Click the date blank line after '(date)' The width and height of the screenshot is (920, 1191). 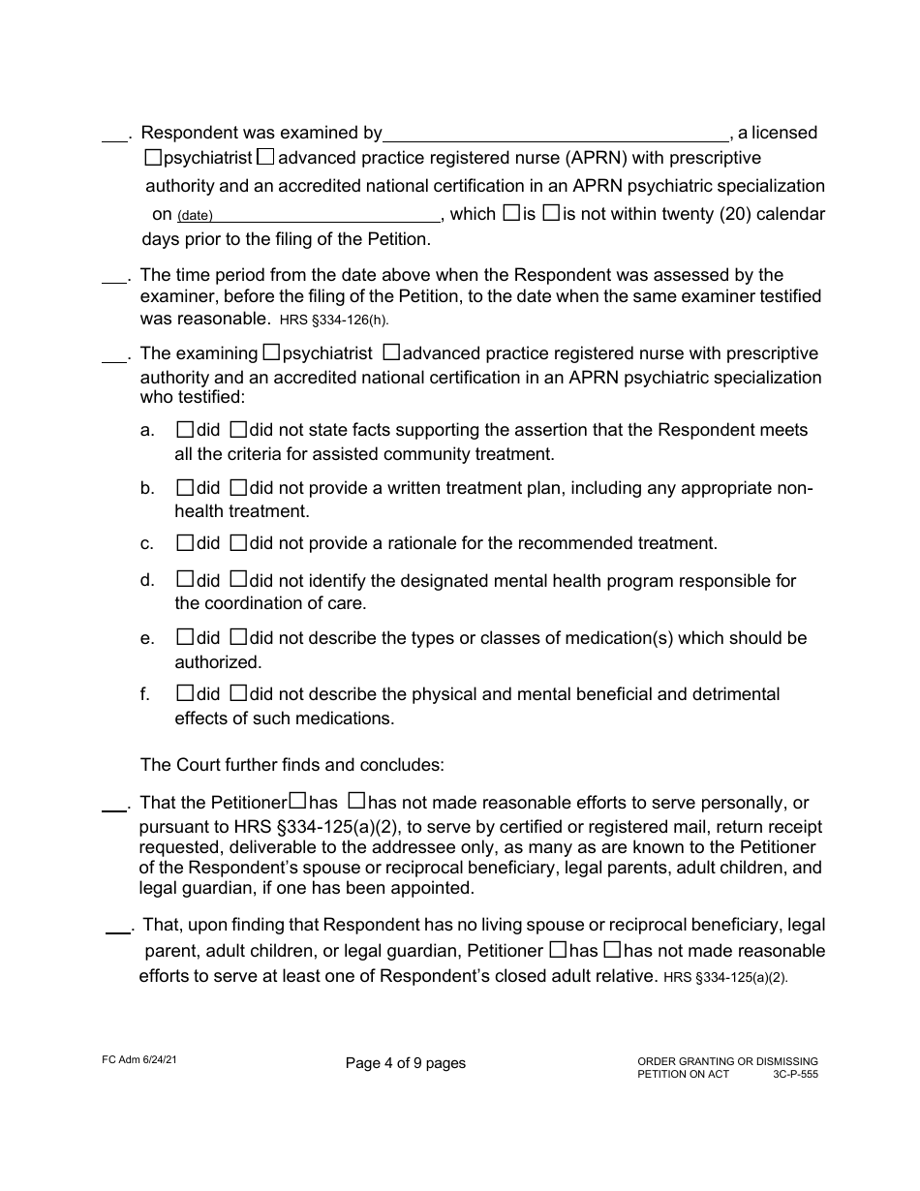(327, 215)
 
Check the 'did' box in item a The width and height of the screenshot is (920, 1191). (185, 429)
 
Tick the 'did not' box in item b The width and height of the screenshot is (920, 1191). (238, 487)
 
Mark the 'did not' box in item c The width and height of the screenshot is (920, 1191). (238, 542)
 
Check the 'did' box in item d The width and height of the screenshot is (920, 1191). (185, 580)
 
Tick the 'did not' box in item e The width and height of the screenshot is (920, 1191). (238, 637)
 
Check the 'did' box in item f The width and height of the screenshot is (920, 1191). (185, 693)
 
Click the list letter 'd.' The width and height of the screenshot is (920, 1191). (147, 580)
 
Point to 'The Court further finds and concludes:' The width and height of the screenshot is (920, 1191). (292, 765)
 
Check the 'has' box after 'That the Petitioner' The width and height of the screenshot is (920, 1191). (298, 801)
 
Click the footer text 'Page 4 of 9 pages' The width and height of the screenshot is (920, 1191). (405, 1063)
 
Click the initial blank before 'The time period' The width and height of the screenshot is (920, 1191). (114, 278)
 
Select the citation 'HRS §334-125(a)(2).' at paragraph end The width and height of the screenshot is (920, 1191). (726, 978)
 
